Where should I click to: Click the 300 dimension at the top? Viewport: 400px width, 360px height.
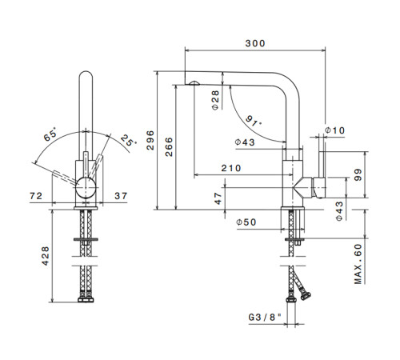tap(255, 43)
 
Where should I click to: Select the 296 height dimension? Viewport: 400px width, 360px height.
tap(150, 140)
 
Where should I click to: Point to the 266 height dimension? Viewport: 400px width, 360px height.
tap(169, 147)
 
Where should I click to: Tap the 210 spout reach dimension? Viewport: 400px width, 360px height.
tap(231, 168)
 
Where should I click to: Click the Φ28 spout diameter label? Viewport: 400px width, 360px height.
tap(215, 100)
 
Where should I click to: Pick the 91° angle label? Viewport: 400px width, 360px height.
tap(253, 121)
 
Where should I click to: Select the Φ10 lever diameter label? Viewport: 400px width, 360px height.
tap(334, 130)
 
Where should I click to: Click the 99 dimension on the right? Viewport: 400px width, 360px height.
tap(358, 174)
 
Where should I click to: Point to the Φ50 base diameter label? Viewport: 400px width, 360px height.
tap(246, 222)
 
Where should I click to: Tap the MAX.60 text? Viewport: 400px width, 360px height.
tap(358, 264)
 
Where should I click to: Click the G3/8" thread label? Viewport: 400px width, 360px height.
tap(265, 318)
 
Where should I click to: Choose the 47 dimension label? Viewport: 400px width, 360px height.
tap(218, 198)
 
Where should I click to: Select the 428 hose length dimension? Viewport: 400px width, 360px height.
tap(46, 256)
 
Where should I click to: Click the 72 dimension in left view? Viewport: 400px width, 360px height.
tap(36, 196)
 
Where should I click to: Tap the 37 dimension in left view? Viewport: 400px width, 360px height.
tap(121, 196)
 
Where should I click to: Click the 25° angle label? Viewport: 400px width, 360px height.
tap(128, 140)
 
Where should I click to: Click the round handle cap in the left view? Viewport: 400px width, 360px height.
tap(86, 188)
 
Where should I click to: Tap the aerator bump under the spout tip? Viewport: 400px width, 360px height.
tap(194, 82)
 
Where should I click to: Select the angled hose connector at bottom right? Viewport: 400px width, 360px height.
tap(305, 296)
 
